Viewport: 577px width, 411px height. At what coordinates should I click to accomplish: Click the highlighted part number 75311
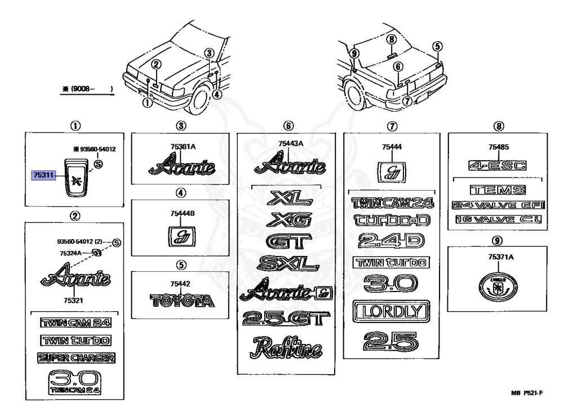[x=43, y=176]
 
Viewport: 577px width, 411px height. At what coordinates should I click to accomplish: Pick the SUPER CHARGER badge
[x=76, y=357]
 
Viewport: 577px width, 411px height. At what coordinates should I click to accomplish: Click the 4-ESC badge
[x=497, y=165]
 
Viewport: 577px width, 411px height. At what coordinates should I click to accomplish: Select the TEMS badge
[x=497, y=191]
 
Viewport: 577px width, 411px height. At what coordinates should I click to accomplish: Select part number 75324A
[x=71, y=253]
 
